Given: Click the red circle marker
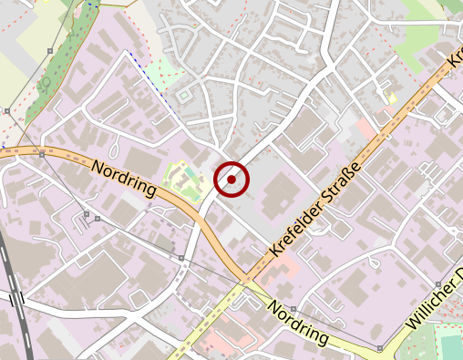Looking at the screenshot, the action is click(x=231, y=179).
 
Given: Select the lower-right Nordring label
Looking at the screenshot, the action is click(x=297, y=323).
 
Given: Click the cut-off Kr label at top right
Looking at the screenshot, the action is click(x=456, y=58).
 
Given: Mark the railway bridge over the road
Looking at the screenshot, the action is click(x=15, y=298).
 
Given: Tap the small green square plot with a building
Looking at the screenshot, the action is click(x=186, y=95).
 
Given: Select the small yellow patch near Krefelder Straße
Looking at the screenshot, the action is click(x=392, y=98).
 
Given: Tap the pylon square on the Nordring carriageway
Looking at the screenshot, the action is click(x=42, y=154).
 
